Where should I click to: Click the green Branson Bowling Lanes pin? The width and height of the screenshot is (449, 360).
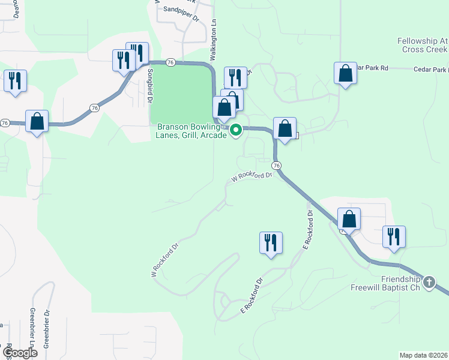[x=237, y=129]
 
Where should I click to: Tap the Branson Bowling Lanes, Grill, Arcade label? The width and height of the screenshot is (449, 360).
[x=193, y=131]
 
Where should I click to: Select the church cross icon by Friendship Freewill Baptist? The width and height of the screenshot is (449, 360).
[x=429, y=281]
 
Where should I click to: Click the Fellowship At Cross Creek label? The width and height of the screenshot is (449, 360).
[x=423, y=45]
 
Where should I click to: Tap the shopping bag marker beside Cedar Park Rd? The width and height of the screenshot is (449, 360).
[x=346, y=74]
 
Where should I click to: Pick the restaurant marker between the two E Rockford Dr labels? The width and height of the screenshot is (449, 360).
[x=271, y=243]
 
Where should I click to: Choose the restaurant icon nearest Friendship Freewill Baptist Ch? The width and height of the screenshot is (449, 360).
[x=394, y=236]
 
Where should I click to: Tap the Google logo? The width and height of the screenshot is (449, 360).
[x=19, y=353]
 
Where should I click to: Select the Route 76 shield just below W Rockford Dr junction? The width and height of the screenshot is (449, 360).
[x=276, y=165]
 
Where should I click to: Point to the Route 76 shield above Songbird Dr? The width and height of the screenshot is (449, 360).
[x=171, y=62]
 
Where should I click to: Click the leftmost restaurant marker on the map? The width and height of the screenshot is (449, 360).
[x=15, y=81]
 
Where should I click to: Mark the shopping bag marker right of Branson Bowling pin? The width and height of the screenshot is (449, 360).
[x=285, y=128]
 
